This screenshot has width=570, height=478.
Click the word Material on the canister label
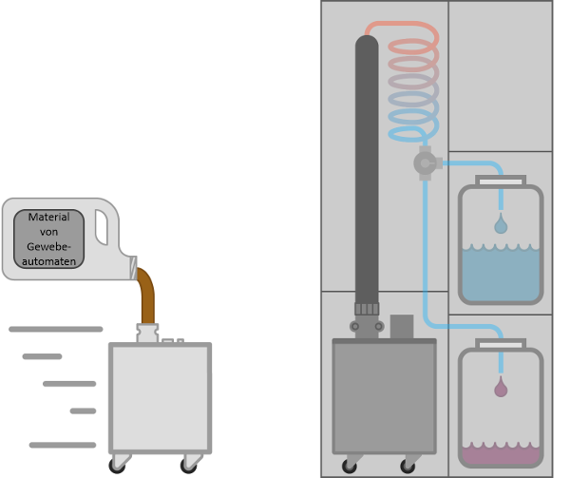(48, 218)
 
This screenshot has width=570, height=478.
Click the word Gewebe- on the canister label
(48, 246)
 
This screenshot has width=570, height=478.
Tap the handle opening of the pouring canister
(102, 227)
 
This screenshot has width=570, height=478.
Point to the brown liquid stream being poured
(146, 296)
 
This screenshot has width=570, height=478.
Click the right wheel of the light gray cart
(189, 465)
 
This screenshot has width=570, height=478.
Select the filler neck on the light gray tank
(147, 333)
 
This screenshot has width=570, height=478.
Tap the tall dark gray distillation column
(367, 171)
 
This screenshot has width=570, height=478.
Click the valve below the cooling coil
(425, 163)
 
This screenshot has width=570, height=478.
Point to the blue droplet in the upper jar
(501, 226)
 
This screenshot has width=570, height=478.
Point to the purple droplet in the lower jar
(501, 389)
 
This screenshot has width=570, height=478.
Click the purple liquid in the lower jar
(501, 454)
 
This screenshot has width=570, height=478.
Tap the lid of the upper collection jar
(501, 181)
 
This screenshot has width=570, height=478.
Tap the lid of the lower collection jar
(501, 343)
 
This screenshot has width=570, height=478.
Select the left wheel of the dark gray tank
(351, 465)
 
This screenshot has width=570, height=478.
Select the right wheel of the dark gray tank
(409, 465)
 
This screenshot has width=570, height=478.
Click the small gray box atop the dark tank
(402, 326)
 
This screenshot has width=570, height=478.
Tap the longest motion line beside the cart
(55, 329)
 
